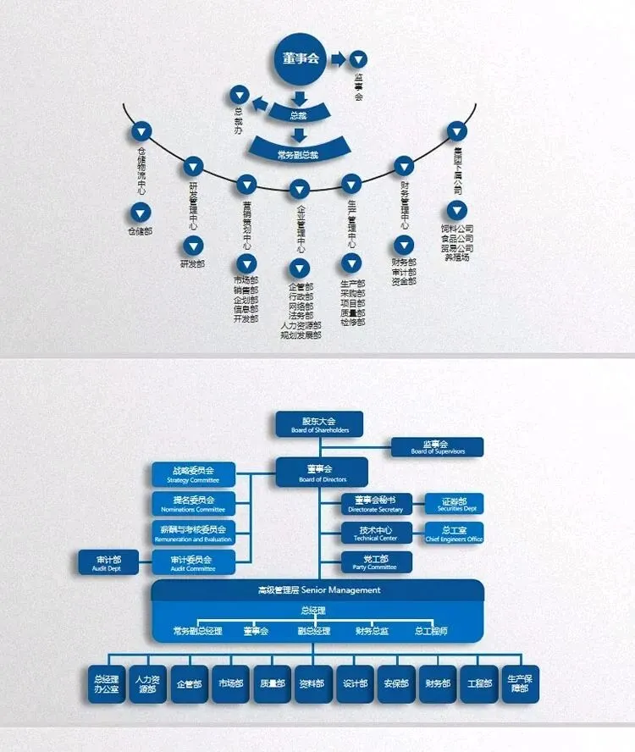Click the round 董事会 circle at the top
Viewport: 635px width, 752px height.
coord(301,58)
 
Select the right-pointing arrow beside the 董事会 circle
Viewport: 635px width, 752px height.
coord(338,59)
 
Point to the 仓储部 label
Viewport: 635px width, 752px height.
coord(141,231)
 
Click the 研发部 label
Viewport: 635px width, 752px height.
coord(193,264)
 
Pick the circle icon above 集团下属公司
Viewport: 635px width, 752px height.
coord(457,130)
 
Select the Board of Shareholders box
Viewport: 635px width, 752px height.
coord(319,424)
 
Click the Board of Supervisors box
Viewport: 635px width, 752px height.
coord(437,447)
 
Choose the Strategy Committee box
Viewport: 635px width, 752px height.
coord(194,473)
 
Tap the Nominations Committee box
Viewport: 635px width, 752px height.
coord(194,504)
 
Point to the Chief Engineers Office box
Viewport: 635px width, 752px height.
coord(454,533)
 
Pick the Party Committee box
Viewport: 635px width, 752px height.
coord(377,561)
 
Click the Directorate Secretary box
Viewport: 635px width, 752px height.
coord(377,504)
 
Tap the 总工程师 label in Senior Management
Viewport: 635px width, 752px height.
coord(431,631)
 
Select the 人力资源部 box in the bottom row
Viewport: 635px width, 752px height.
coord(147,683)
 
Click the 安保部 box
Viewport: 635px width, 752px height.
coord(396,683)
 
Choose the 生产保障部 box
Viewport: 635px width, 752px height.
coord(518,683)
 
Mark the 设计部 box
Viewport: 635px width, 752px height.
coord(355,683)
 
